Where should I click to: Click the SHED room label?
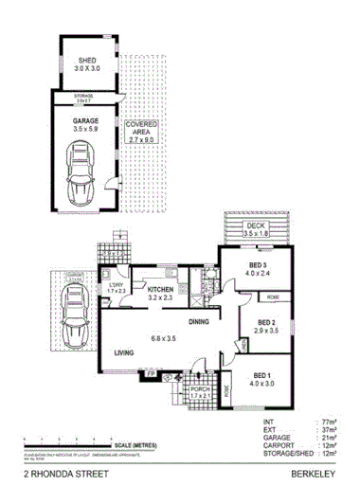[86, 60]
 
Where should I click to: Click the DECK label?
[256, 225]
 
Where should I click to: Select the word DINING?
[198, 321]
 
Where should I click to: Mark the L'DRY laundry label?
[117, 285]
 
